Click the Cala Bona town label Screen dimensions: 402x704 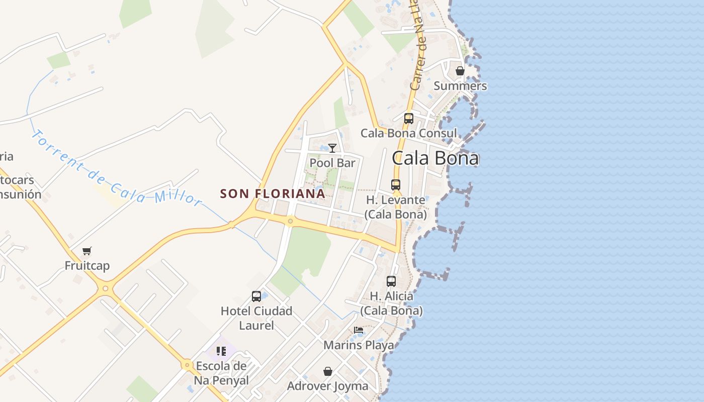pyautogui.click(x=435, y=158)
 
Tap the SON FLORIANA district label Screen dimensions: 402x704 pyautogui.click(x=273, y=193)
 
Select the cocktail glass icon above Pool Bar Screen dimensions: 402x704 pyautogui.click(x=332, y=148)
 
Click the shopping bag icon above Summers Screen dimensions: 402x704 pyautogui.click(x=460, y=71)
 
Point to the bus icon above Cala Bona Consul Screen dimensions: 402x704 pyautogui.click(x=409, y=119)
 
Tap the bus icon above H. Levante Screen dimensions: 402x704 pyautogui.click(x=396, y=185)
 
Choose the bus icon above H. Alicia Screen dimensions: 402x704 pyautogui.click(x=391, y=281)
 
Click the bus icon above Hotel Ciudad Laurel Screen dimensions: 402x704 pyautogui.click(x=256, y=296)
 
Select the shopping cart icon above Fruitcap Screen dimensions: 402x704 pyautogui.click(x=87, y=251)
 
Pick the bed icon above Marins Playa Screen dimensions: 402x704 pyautogui.click(x=359, y=330)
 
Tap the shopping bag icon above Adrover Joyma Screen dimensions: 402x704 pyautogui.click(x=328, y=371)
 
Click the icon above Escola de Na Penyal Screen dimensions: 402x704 pyautogui.click(x=221, y=351)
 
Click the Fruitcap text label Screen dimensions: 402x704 pyautogui.click(x=87, y=266)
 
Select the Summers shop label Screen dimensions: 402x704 pyautogui.click(x=460, y=86)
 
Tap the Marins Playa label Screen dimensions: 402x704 pyautogui.click(x=359, y=345)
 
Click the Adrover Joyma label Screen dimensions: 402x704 pyautogui.click(x=328, y=386)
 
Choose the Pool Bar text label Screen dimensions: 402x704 pyautogui.click(x=332, y=163)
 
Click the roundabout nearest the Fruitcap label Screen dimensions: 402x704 pyautogui.click(x=105, y=288)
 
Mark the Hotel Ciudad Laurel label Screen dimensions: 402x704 pyautogui.click(x=256, y=318)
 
